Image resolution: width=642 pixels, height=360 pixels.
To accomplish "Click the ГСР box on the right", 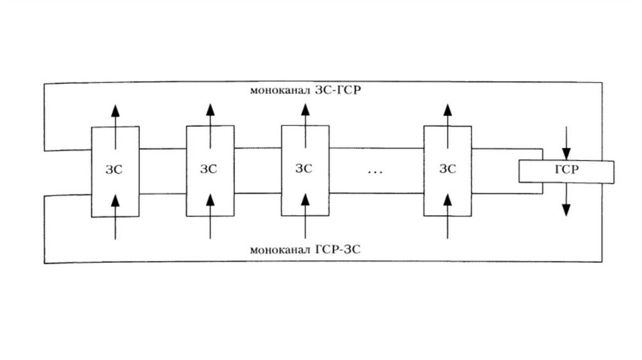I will pos(567,171).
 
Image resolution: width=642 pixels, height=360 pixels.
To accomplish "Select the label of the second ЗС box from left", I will pos(209,169).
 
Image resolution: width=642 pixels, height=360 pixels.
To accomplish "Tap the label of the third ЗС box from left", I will pos(304,169).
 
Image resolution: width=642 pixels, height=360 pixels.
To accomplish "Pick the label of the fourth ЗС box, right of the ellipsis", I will pos(447,169).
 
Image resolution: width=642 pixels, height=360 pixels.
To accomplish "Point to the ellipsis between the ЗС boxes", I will pos(375,171).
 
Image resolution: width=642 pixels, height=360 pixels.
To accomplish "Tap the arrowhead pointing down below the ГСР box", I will pos(567,209).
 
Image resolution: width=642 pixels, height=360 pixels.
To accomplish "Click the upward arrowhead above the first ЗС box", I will pos(115,109).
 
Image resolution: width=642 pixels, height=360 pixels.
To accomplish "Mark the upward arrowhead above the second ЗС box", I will pos(210,109).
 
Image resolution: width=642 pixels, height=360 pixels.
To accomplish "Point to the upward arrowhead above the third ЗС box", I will pos(305,109).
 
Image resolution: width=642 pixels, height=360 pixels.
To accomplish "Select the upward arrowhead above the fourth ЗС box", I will pos(447,109).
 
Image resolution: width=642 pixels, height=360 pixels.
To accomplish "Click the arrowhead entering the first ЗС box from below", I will pos(115,200).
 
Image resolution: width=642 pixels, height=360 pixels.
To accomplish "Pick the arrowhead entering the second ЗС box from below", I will pos(210,200).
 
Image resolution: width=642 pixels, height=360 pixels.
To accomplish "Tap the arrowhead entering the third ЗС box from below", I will pos(305,200).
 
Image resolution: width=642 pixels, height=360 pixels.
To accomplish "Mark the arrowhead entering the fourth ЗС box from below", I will pos(447,200).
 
